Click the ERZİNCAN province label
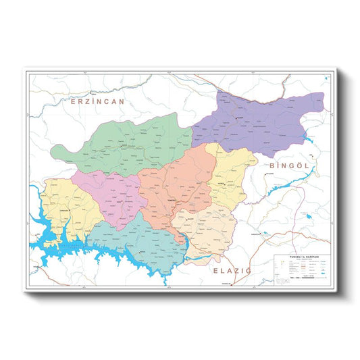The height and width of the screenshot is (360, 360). (99, 102)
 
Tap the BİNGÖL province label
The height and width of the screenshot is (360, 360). (288, 165)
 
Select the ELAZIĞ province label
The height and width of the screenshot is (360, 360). (232, 270)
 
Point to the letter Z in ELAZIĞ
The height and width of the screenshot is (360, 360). (236, 270)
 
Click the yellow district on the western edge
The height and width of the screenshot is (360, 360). (64, 206)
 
